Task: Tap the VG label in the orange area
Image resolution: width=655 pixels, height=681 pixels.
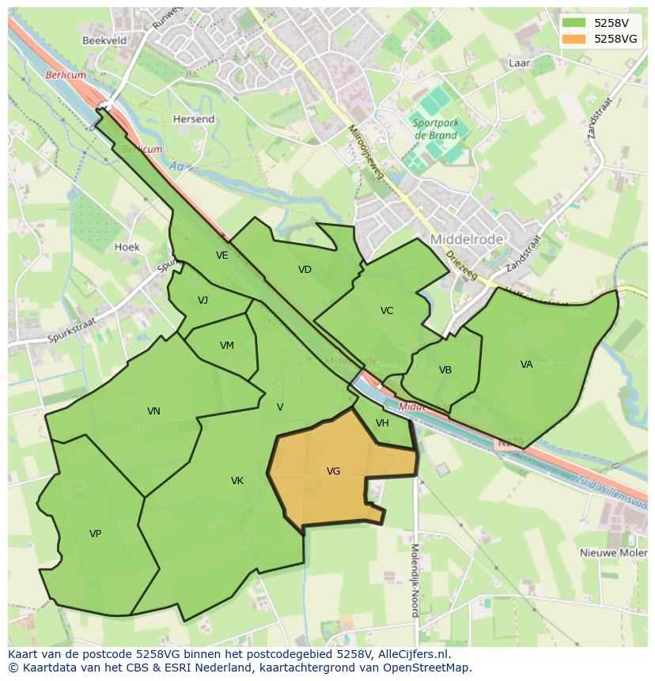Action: click(x=333, y=471)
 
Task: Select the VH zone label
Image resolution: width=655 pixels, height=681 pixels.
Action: click(x=382, y=423)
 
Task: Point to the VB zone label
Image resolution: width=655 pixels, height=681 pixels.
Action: click(x=445, y=370)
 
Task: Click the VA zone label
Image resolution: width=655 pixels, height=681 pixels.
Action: click(x=527, y=365)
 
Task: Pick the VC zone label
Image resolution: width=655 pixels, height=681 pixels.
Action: click(x=387, y=311)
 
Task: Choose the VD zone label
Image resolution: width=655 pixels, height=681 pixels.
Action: click(x=305, y=270)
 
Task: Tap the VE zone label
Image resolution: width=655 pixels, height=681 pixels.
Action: click(x=222, y=255)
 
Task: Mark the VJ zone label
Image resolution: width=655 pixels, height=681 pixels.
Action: click(x=203, y=301)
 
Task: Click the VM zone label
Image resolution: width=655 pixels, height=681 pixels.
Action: click(x=227, y=346)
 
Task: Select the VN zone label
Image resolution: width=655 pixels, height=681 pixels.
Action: click(x=153, y=411)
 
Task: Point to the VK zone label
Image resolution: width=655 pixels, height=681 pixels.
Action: click(x=237, y=481)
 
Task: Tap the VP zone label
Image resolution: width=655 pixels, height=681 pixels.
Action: click(x=95, y=534)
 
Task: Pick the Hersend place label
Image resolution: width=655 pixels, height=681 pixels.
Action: click(x=194, y=119)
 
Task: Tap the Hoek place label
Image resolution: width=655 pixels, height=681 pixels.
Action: click(x=127, y=247)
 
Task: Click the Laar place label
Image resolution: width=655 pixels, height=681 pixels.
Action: click(x=520, y=62)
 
